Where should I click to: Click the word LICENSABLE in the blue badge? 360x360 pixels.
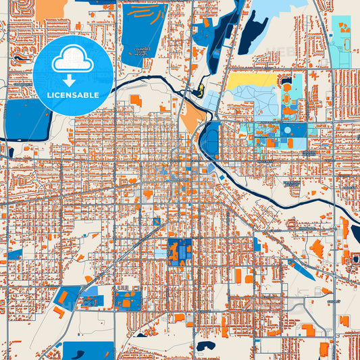tap(73, 95)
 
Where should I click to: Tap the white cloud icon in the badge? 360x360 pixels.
tap(73, 59)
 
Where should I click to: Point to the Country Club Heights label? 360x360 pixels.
tap(143, 50)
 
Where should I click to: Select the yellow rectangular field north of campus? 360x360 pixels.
tap(251, 80)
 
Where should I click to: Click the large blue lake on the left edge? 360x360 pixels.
tap(27, 119)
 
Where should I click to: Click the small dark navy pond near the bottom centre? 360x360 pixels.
tap(204, 345)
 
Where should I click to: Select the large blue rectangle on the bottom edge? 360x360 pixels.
tap(88, 351)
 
